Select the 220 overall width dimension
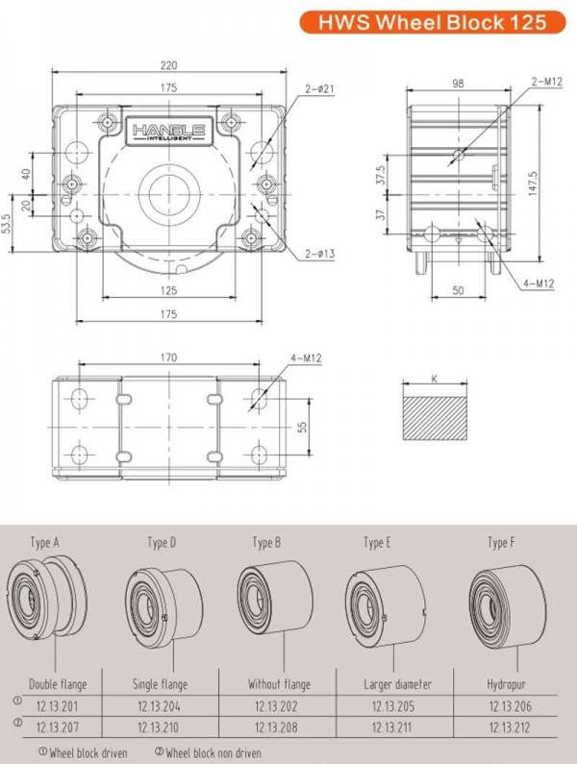(x=169, y=66)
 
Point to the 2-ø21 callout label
(x=318, y=89)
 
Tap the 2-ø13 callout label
(x=318, y=254)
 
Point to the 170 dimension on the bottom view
(x=169, y=358)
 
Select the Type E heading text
(x=376, y=543)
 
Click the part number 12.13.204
(x=158, y=706)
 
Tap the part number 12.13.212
(x=509, y=727)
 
